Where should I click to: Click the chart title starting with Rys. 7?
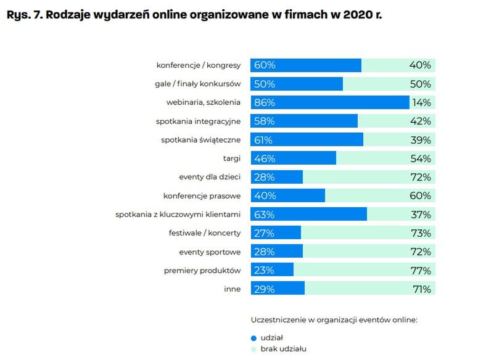tap(194, 15)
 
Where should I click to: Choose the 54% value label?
tap(420, 158)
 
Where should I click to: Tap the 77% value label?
tap(420, 270)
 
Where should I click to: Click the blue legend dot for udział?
tap(253, 338)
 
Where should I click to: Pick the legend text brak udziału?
tap(284, 349)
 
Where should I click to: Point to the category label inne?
tap(232, 288)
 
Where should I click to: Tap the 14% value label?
tap(421, 102)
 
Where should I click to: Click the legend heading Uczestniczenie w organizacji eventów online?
tap(334, 320)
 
